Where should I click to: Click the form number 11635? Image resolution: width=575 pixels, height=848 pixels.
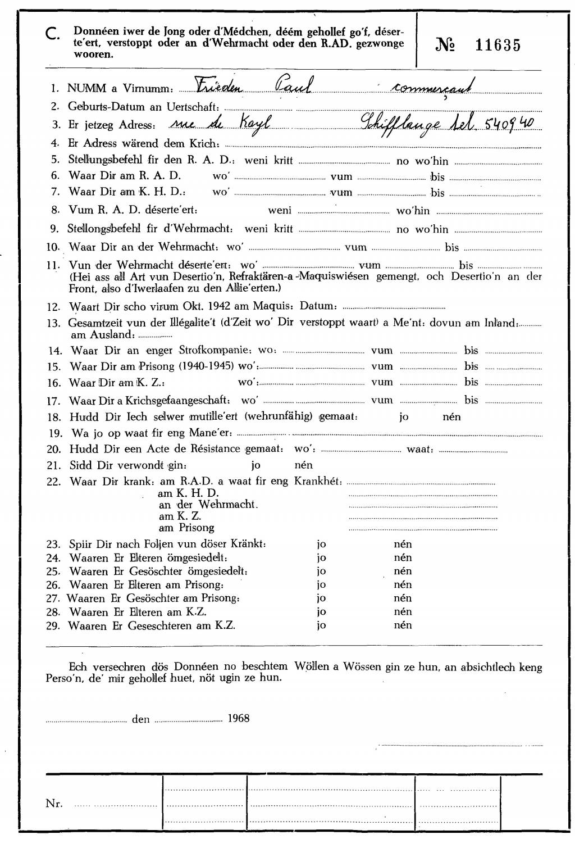pos(498,46)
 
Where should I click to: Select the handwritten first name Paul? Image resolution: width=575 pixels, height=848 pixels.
pos(293,85)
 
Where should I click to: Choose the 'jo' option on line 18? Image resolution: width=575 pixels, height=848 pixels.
pos(403,417)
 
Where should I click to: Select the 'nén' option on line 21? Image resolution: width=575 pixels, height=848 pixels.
pos(303,465)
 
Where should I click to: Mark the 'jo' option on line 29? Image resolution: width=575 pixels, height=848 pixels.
pos(321,625)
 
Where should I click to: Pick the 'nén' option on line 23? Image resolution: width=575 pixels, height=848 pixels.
pos(403,544)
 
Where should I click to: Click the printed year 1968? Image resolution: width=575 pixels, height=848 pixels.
pos(239,719)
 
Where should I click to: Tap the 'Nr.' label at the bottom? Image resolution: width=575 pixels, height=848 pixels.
pos(54,804)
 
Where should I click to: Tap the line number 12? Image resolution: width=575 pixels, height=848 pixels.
pos(53,307)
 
